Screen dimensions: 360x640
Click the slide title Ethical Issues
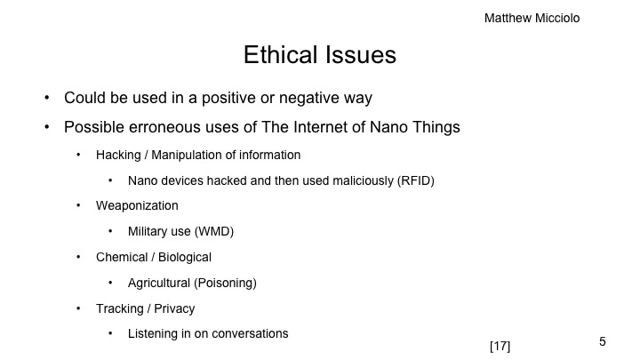pyautogui.click(x=320, y=55)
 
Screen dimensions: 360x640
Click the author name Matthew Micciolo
pyautogui.click(x=532, y=18)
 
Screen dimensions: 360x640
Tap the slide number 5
pyautogui.click(x=603, y=341)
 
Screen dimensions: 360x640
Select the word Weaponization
pyautogui.click(x=137, y=205)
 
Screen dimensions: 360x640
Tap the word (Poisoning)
pyautogui.click(x=228, y=283)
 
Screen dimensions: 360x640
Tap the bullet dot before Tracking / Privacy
pyautogui.click(x=77, y=308)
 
